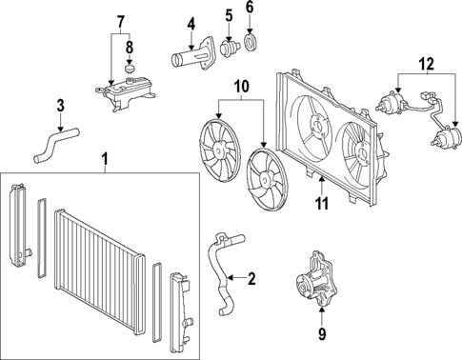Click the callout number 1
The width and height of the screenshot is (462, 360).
click(x=105, y=157)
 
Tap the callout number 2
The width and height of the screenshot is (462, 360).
click(x=251, y=279)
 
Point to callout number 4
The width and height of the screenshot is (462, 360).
click(x=191, y=24)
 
